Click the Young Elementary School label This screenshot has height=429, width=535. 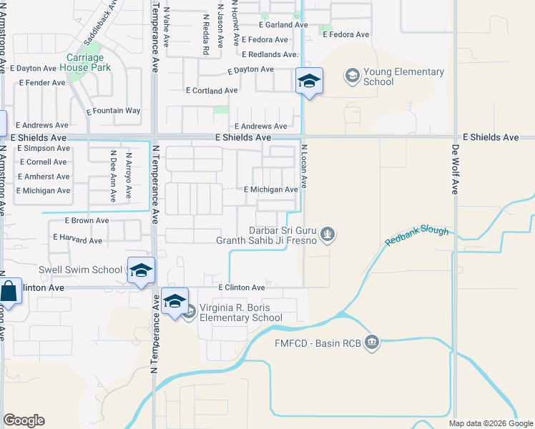(x=403, y=77)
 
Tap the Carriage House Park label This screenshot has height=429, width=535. (x=85, y=62)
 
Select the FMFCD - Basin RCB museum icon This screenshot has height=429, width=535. (x=371, y=342)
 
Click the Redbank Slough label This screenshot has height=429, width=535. (x=417, y=236)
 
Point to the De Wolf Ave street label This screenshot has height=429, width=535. (x=454, y=169)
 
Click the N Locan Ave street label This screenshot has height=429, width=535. (x=303, y=167)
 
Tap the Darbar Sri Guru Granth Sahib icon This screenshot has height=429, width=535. (x=328, y=233)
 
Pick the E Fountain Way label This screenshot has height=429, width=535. (x=114, y=111)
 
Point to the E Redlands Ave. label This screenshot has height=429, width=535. (x=269, y=54)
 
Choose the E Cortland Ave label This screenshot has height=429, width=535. (x=212, y=91)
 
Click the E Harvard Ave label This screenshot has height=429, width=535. (x=78, y=240)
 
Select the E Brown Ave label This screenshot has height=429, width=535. (x=87, y=221)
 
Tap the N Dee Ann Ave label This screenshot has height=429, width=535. (x=113, y=169)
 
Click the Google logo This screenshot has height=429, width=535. (x=24, y=420)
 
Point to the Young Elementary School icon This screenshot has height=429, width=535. (x=352, y=74)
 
